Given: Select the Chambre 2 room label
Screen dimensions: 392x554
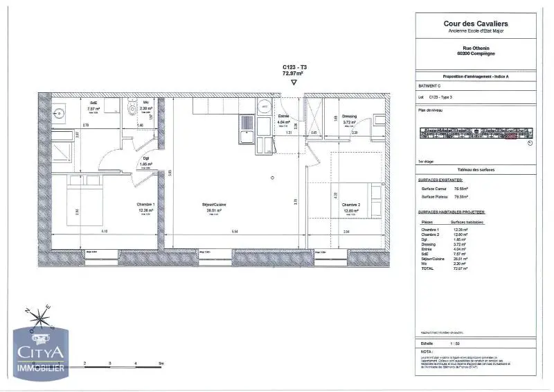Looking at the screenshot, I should pyautogui.click(x=350, y=205).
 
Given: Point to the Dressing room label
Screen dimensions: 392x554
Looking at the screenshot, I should pyautogui.click(x=350, y=116).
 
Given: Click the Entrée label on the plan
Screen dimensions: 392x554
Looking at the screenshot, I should pyautogui.click(x=283, y=116).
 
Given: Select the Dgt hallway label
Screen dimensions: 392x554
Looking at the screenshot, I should pyautogui.click(x=146, y=157).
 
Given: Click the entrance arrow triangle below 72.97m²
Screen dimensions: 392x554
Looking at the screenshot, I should pyautogui.click(x=294, y=82).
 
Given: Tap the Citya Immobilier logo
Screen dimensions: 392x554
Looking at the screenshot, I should pyautogui.click(x=40, y=354).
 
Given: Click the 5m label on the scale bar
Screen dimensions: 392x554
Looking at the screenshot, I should pyautogui.click(x=160, y=363).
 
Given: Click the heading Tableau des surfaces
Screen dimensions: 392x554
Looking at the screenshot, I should pyautogui.click(x=475, y=170).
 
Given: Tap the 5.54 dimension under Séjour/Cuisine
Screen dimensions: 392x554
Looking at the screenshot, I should pyautogui.click(x=215, y=231).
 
